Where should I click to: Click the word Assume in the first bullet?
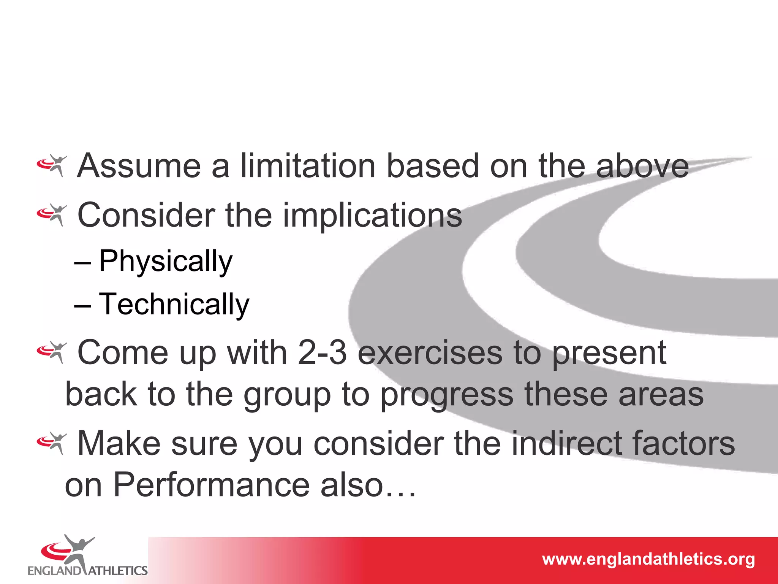pos(139,166)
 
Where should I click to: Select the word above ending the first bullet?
pos(642,167)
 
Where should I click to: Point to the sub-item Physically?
pos(165,262)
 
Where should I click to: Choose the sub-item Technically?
pos(174,305)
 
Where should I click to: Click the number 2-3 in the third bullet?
pos(322,353)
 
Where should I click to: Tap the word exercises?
pos(430,353)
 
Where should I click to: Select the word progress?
pos(447,395)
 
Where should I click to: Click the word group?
pos(287,395)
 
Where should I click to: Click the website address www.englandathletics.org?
pos(648,559)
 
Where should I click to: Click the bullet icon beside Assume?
pos(52,165)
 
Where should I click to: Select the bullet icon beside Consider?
pos(52,215)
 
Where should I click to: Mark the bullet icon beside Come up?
pos(52,352)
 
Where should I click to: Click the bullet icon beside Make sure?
pos(52,443)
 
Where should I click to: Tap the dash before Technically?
pos(82,306)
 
